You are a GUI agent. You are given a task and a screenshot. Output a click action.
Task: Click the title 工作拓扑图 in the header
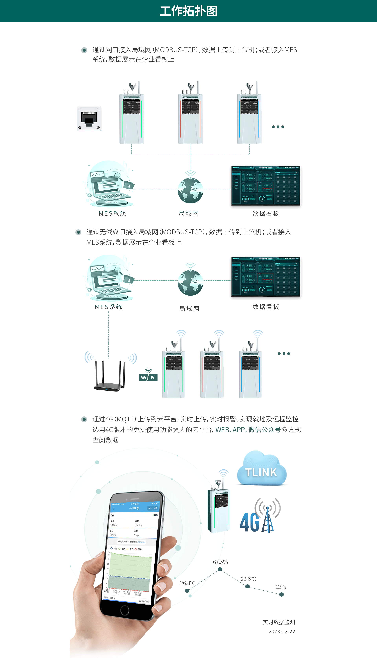[188, 11]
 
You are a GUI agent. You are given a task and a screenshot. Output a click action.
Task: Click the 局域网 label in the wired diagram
[188, 213]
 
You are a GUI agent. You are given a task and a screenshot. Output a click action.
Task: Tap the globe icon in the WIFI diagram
[190, 282]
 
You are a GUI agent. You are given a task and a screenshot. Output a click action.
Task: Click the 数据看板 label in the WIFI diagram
[266, 307]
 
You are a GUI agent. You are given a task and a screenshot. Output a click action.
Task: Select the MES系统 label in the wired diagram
[112, 213]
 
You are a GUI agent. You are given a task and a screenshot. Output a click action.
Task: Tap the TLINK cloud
[261, 470]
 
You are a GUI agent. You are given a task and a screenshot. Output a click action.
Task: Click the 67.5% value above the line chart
[220, 562]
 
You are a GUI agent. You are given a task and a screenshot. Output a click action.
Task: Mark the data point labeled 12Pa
[281, 594]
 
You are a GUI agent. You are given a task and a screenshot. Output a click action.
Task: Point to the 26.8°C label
[188, 583]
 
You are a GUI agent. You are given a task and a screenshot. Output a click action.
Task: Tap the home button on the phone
[124, 611]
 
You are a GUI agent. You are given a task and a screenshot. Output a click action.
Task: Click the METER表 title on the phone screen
[134, 508]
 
